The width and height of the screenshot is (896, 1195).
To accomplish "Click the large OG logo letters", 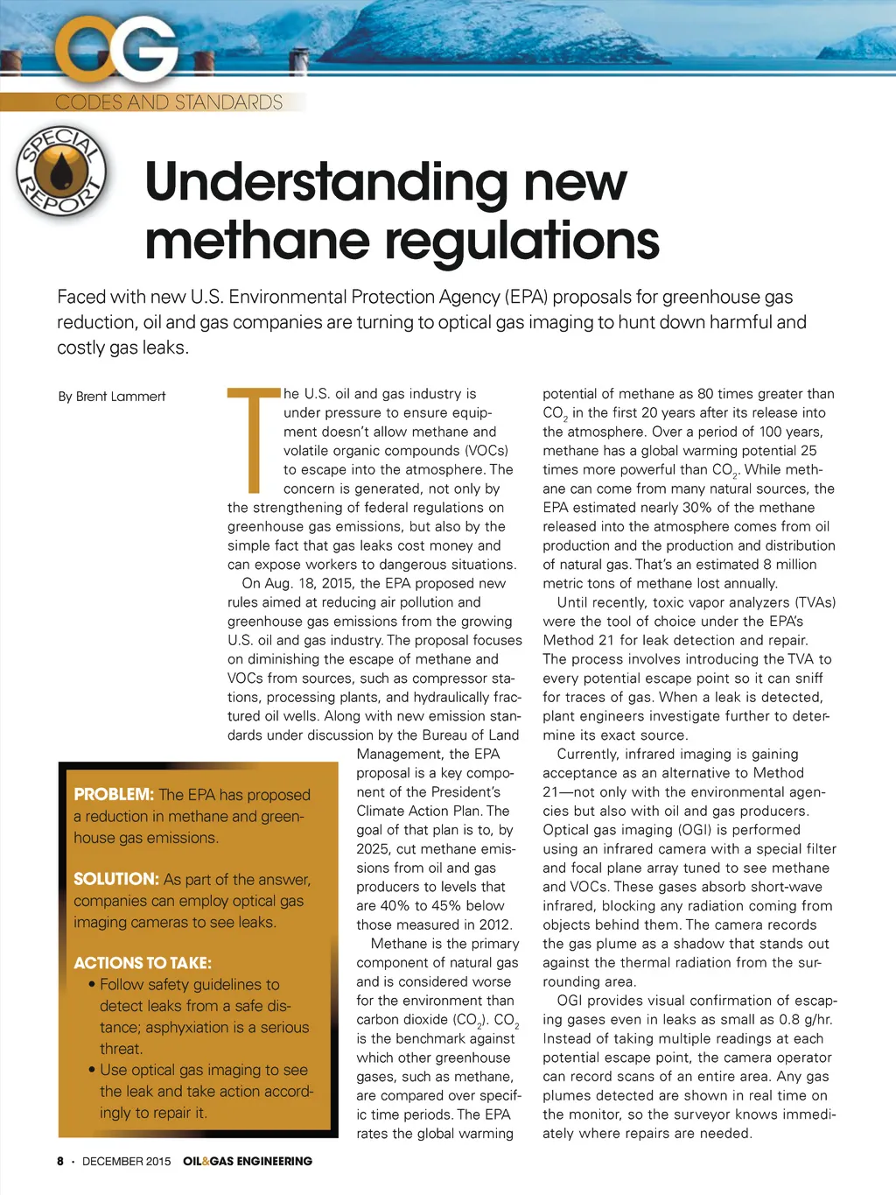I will pos(117,52).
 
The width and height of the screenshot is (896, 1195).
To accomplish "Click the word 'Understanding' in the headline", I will pos(325,183).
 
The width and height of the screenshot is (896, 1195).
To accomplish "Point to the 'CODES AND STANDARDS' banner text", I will pos(169,102).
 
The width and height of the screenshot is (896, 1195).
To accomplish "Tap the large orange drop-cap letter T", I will pos(253,439).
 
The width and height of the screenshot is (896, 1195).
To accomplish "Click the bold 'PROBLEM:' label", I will pos(114,795).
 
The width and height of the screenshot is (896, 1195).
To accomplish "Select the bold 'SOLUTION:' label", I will pos(115,879).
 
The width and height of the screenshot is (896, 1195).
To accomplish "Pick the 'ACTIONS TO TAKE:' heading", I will pos(143,963).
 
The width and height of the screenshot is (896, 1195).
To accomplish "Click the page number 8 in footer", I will pos(60,1161).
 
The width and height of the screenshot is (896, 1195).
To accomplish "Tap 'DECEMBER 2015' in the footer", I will pos(127,1161).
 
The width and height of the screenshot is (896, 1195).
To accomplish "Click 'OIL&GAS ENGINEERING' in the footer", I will pos(248,1161).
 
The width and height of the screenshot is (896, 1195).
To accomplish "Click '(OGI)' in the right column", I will pos(688,830).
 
